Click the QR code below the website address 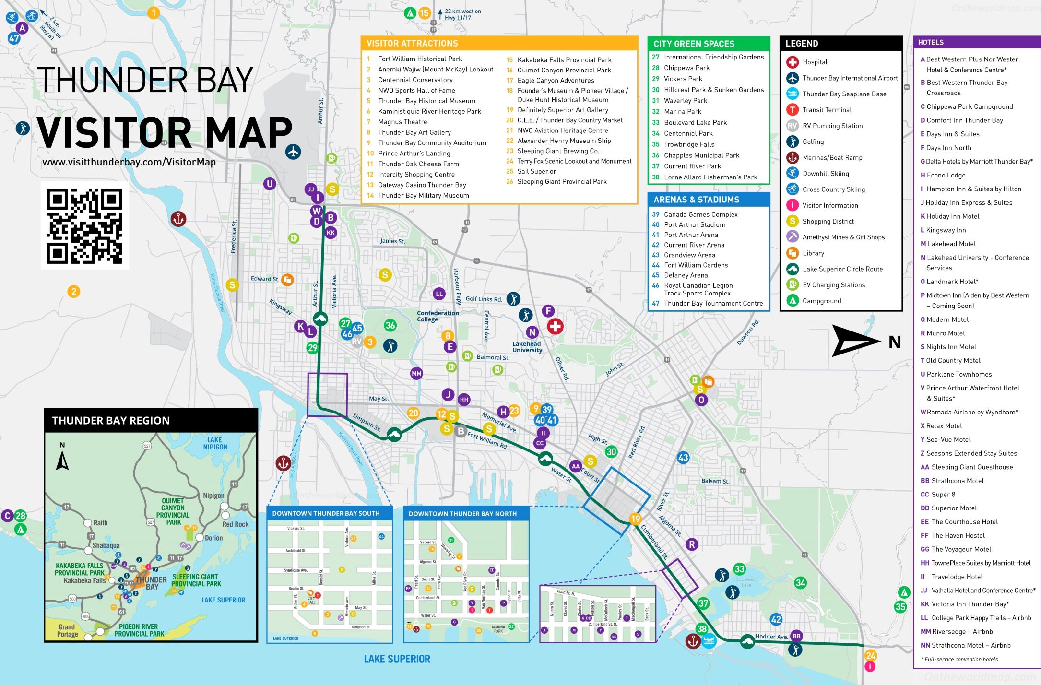(84, 225)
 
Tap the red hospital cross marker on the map (555, 327)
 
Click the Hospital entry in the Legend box (815, 62)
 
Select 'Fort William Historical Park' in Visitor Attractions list (420, 59)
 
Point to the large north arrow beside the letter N (855, 341)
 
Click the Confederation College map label (438, 316)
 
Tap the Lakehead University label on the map (527, 346)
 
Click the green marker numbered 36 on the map (390, 325)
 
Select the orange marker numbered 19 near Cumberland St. (635, 519)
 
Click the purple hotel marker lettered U (270, 183)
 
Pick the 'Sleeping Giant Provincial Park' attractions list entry (562, 182)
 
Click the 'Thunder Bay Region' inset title (111, 421)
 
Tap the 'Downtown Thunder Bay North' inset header (462, 514)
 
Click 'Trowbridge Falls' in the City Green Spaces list (689, 144)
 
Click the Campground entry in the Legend (821, 301)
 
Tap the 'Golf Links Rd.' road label (484, 299)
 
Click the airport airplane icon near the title (293, 152)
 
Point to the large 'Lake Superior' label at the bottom (397, 659)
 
